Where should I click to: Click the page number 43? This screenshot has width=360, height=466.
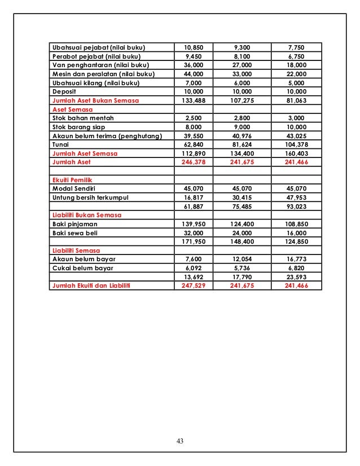click(x=180, y=441)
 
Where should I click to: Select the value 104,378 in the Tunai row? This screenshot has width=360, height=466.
click(x=296, y=144)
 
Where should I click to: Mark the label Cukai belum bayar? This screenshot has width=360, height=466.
click(x=82, y=269)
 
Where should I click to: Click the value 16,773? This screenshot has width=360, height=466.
click(x=296, y=260)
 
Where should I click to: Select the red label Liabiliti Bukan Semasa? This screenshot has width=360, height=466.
click(x=86, y=215)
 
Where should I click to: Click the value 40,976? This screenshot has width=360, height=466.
click(x=245, y=135)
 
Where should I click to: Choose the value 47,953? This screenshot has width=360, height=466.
click(x=296, y=197)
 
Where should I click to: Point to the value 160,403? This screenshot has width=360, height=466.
click(x=296, y=153)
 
